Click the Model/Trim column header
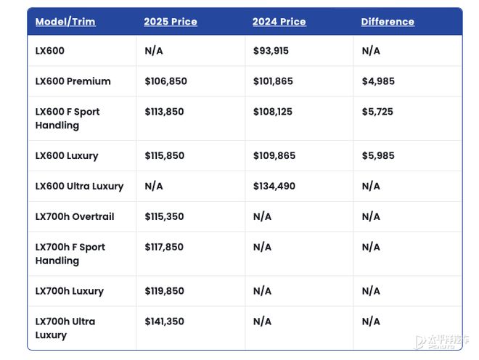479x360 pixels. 65,22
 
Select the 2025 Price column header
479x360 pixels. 171,22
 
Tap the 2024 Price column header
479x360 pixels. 279,22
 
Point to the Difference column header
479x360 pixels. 388,22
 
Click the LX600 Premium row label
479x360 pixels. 73,81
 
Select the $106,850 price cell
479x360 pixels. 166,81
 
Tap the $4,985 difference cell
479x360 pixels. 378,81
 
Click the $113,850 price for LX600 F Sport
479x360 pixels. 165,112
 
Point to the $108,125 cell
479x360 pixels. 274,112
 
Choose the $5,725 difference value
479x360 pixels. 377,112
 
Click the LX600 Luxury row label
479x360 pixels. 67,156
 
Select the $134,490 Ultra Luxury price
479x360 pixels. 274,187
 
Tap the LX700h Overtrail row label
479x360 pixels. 75,217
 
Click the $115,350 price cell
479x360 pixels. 165,217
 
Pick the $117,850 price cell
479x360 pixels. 165,247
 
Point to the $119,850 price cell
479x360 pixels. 165,291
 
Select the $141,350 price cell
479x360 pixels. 165,322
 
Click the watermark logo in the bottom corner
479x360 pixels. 441,342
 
